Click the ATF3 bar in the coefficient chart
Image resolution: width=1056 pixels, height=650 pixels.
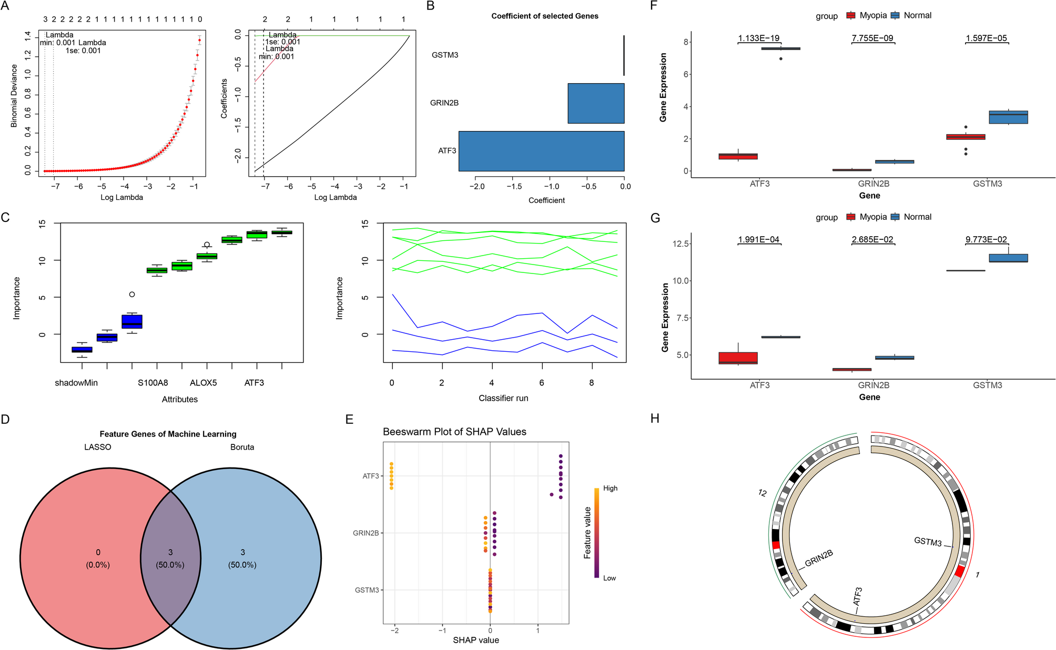541,151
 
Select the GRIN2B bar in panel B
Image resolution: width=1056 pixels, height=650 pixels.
596,103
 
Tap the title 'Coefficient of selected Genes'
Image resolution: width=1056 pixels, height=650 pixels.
544,16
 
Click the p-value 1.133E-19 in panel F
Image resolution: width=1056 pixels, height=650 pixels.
758,38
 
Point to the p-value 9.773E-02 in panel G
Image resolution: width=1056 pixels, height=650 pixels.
986,240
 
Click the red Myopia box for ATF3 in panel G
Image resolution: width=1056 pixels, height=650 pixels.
738,358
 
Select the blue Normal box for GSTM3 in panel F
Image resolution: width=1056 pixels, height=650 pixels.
1008,117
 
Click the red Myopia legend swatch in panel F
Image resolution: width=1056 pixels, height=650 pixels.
850,16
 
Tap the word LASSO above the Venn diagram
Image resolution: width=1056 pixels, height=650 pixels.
98,447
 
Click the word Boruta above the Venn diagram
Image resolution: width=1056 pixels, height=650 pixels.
242,447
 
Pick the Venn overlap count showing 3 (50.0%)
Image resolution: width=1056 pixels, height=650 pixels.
170,558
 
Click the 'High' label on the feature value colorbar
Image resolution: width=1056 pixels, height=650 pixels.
610,488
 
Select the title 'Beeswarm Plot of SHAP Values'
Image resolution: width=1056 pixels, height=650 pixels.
454,432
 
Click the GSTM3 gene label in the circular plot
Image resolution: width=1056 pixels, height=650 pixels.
928,541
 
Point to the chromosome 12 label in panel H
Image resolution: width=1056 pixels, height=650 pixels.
762,493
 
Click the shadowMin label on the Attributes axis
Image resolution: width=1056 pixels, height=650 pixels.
76,383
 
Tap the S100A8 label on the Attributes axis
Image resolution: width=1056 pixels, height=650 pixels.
153,383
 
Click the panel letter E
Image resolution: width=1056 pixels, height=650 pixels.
349,419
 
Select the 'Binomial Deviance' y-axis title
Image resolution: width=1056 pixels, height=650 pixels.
14,96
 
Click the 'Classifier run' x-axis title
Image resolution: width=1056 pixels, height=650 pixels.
503,398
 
